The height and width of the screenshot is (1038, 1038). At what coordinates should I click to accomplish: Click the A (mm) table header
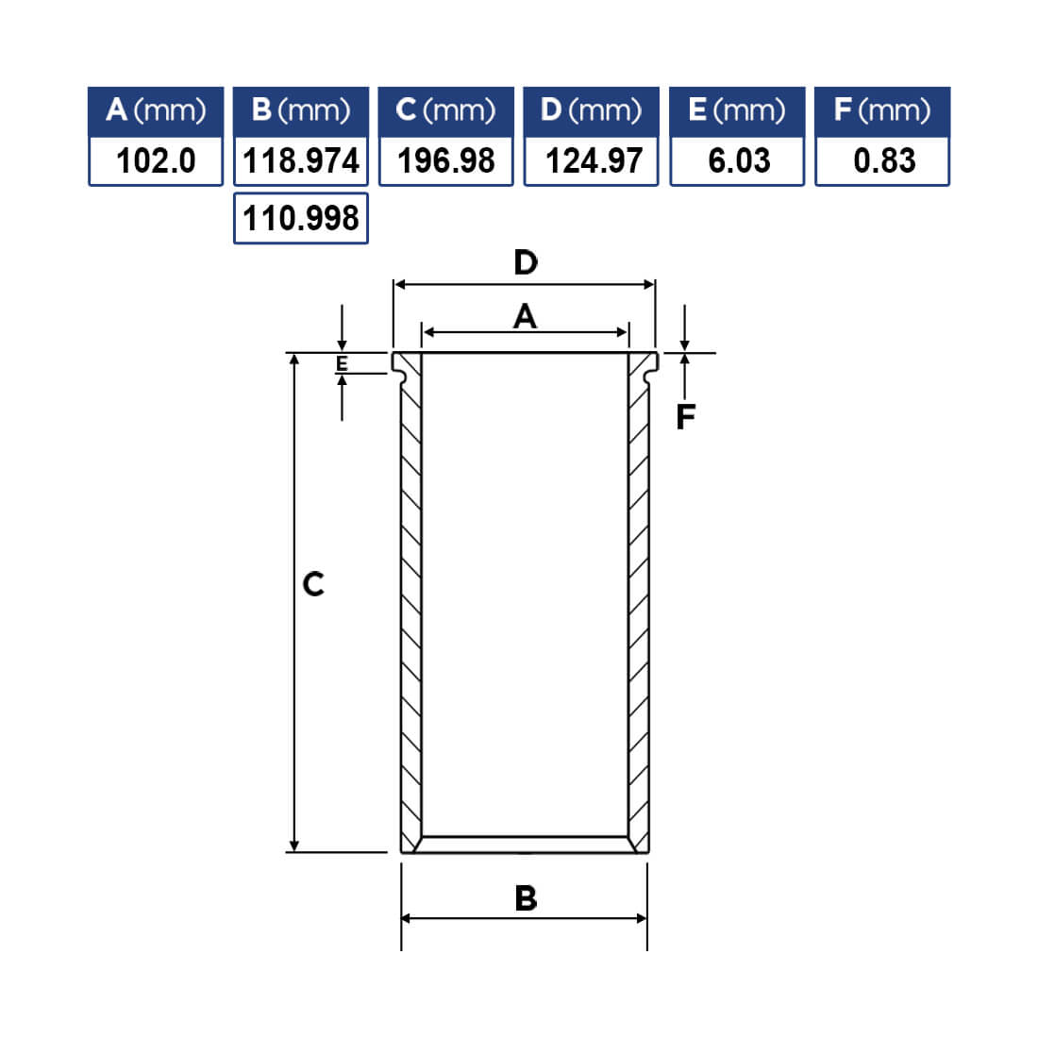[156, 111]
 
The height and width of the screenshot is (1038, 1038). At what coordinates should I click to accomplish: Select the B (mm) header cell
[301, 111]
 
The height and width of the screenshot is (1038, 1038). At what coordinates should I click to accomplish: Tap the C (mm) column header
[446, 111]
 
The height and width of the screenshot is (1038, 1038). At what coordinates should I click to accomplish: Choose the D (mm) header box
[591, 111]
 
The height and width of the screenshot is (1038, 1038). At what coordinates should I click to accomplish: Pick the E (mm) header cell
[738, 111]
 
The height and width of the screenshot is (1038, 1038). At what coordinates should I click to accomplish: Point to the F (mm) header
[882, 111]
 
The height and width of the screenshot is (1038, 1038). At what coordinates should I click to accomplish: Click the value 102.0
[156, 160]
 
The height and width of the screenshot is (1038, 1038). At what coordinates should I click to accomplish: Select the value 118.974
[301, 160]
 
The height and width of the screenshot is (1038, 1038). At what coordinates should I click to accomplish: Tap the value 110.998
[301, 219]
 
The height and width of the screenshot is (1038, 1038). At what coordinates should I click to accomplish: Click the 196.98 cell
[446, 160]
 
